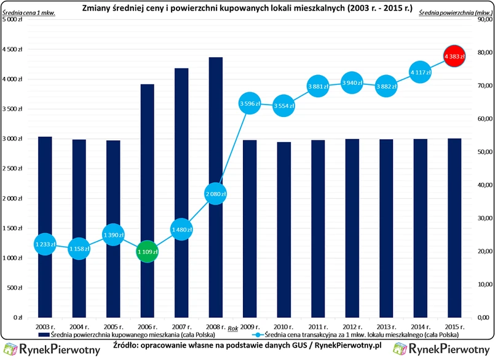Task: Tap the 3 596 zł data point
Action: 249,103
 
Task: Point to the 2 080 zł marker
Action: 215,194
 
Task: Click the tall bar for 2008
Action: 215,123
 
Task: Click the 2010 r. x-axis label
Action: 283,326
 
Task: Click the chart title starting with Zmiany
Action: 247,9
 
